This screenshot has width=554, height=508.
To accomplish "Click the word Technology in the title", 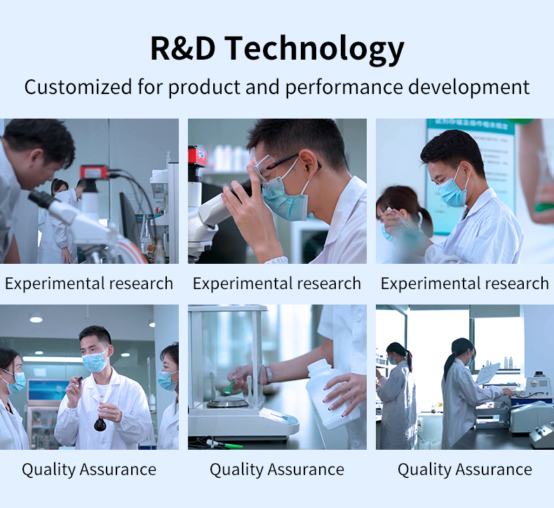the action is tap(314, 50).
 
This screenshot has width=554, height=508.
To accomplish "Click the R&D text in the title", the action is tap(182, 48).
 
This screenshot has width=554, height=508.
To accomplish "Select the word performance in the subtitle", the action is tap(344, 88).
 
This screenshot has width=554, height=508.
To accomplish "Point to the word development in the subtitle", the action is tap(469, 88).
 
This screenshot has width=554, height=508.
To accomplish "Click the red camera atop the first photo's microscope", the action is tap(95, 172).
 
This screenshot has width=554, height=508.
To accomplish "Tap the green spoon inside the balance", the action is tap(229, 386).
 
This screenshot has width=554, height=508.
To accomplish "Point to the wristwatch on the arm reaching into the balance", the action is tap(268, 374).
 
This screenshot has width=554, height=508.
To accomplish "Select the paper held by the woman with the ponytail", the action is tap(487, 374).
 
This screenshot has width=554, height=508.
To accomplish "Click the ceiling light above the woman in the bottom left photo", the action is tap(36, 319).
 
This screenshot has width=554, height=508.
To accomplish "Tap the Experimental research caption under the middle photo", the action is tap(277, 283).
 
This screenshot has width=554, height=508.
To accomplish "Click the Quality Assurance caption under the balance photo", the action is tap(277, 469).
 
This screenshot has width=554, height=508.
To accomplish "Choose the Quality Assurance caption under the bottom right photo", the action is tap(465, 469).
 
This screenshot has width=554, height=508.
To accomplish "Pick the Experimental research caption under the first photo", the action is tap(89, 283).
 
